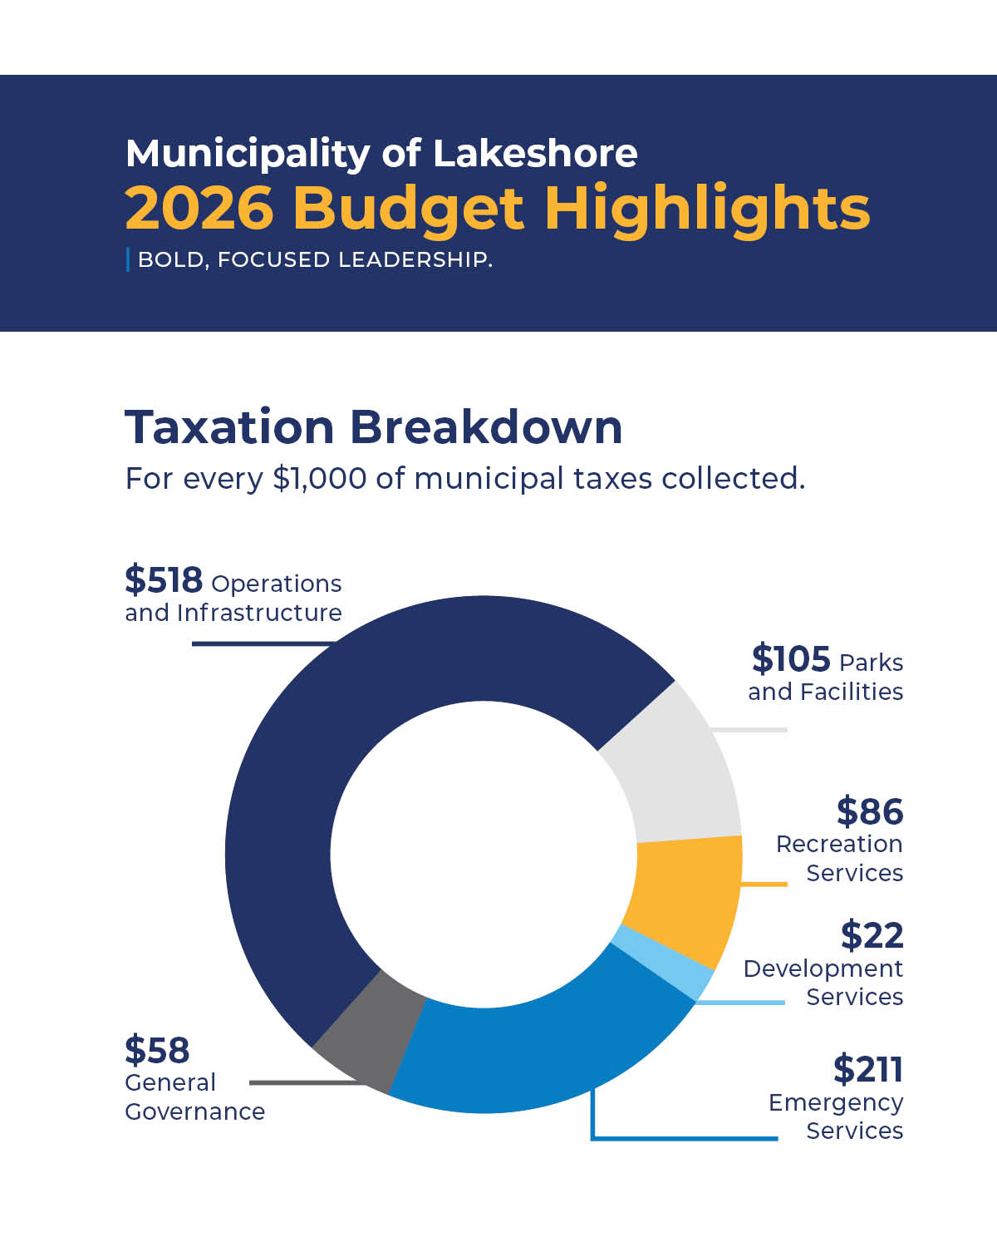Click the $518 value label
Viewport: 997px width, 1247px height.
(164, 579)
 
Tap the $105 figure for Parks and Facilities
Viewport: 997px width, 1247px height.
(790, 658)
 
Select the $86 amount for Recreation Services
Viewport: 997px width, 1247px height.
(869, 811)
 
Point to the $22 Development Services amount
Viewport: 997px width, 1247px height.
(872, 935)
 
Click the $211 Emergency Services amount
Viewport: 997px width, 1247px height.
(867, 1069)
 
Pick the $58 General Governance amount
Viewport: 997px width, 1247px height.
(157, 1050)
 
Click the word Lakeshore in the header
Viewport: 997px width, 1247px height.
(535, 153)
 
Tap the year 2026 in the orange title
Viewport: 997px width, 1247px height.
(199, 207)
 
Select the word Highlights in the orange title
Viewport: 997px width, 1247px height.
(707, 208)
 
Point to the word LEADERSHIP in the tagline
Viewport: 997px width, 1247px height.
(415, 259)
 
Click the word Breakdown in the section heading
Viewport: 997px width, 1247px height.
(485, 427)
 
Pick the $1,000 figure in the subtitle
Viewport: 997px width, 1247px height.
(319, 479)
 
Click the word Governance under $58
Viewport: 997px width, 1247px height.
(195, 1111)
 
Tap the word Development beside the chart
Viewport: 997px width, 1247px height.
(823, 969)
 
